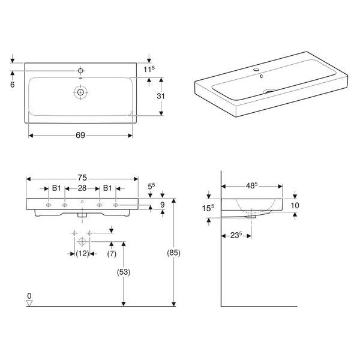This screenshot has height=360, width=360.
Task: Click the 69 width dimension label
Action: pos(80,135)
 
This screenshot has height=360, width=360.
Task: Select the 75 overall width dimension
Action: pos(82,178)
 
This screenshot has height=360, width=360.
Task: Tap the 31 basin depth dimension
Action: pos(161,96)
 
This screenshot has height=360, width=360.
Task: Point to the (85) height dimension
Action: pos(173,253)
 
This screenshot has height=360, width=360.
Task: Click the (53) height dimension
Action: pos(124,272)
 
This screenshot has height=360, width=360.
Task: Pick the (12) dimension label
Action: pos(82,254)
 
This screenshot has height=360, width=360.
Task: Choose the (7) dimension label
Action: pos(112,254)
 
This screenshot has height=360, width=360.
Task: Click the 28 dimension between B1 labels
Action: pos(82,188)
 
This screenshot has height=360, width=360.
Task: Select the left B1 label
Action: pos(56,188)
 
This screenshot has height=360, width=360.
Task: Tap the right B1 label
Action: pos(107,188)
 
